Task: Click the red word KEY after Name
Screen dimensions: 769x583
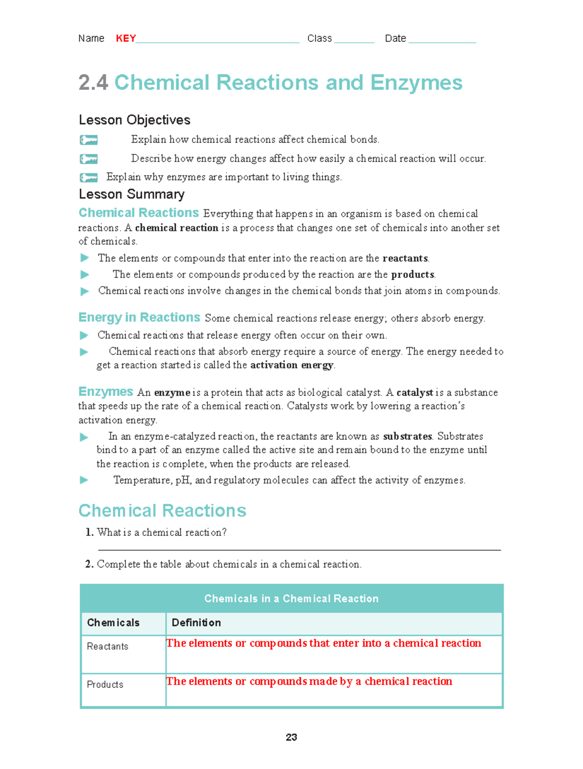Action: (126, 38)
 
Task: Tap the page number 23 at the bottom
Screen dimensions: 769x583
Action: (291, 737)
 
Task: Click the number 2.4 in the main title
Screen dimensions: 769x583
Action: (93, 83)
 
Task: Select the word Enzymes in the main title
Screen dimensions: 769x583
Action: (416, 83)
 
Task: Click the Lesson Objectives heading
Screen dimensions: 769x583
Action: (135, 120)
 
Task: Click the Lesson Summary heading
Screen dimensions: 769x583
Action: (132, 194)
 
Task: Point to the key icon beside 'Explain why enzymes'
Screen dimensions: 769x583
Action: (88, 177)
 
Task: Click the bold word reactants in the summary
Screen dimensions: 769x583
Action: (405, 258)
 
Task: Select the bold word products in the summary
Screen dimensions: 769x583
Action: (412, 274)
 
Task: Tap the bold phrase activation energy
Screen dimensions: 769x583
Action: (291, 365)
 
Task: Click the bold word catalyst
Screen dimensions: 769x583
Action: (414, 393)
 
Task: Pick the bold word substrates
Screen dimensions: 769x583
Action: (407, 436)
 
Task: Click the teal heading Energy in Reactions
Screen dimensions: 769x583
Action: (139, 318)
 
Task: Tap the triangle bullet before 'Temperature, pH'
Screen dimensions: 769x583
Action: (84, 480)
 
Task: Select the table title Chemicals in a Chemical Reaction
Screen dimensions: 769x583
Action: (291, 598)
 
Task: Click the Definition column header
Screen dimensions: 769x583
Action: (196, 623)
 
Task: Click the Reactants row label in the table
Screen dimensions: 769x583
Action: (107, 647)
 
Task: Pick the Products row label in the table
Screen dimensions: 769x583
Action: (105, 684)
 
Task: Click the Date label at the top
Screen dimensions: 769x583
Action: (395, 38)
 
